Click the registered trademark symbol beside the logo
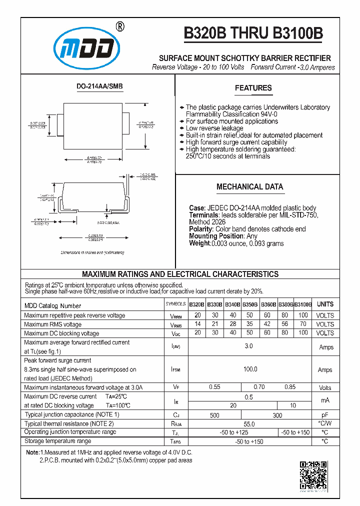click(x=120, y=26)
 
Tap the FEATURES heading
click(x=253, y=88)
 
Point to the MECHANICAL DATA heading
click(x=249, y=187)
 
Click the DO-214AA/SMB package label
click(x=99, y=86)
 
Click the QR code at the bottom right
click(x=313, y=475)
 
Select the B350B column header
click(x=250, y=304)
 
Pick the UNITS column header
click(x=325, y=304)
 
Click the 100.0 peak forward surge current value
click(x=250, y=369)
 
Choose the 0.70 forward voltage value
click(x=259, y=387)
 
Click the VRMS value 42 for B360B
click(x=267, y=324)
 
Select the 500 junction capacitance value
click(x=214, y=415)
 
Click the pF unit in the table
click(x=325, y=415)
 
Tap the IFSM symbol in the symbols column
click(x=175, y=369)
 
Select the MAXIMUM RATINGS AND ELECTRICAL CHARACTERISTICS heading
click(x=180, y=274)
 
